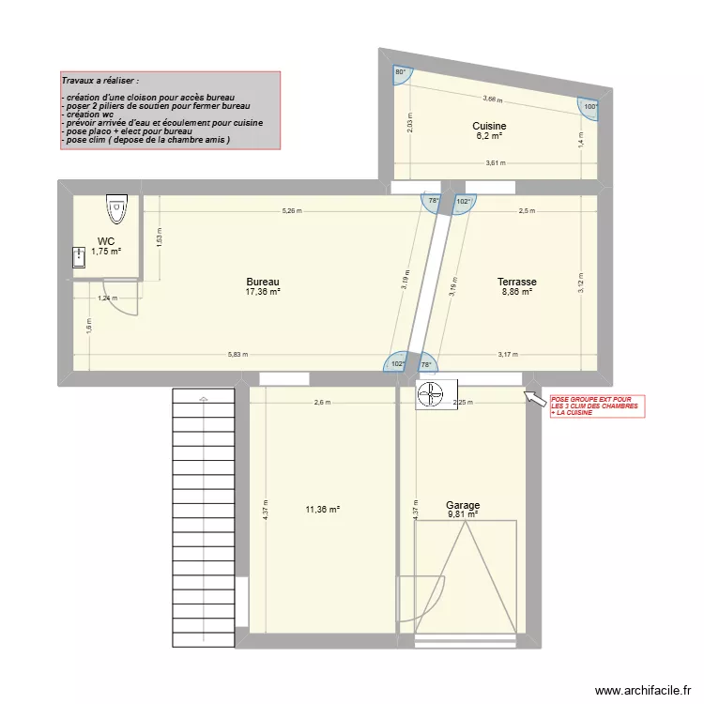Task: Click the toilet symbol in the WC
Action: point(116,208)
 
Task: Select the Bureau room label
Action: point(263,282)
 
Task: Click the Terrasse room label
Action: point(516,282)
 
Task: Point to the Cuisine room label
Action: point(489,126)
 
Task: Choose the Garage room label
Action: point(462,505)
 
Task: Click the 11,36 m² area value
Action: point(322,510)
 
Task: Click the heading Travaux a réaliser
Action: point(100,82)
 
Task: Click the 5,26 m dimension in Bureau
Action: point(292,211)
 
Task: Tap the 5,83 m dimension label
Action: point(238,354)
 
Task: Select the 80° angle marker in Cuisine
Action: point(400,73)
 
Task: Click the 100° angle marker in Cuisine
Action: point(589,107)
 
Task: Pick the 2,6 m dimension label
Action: point(322,403)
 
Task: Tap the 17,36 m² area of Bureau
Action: point(263,292)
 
